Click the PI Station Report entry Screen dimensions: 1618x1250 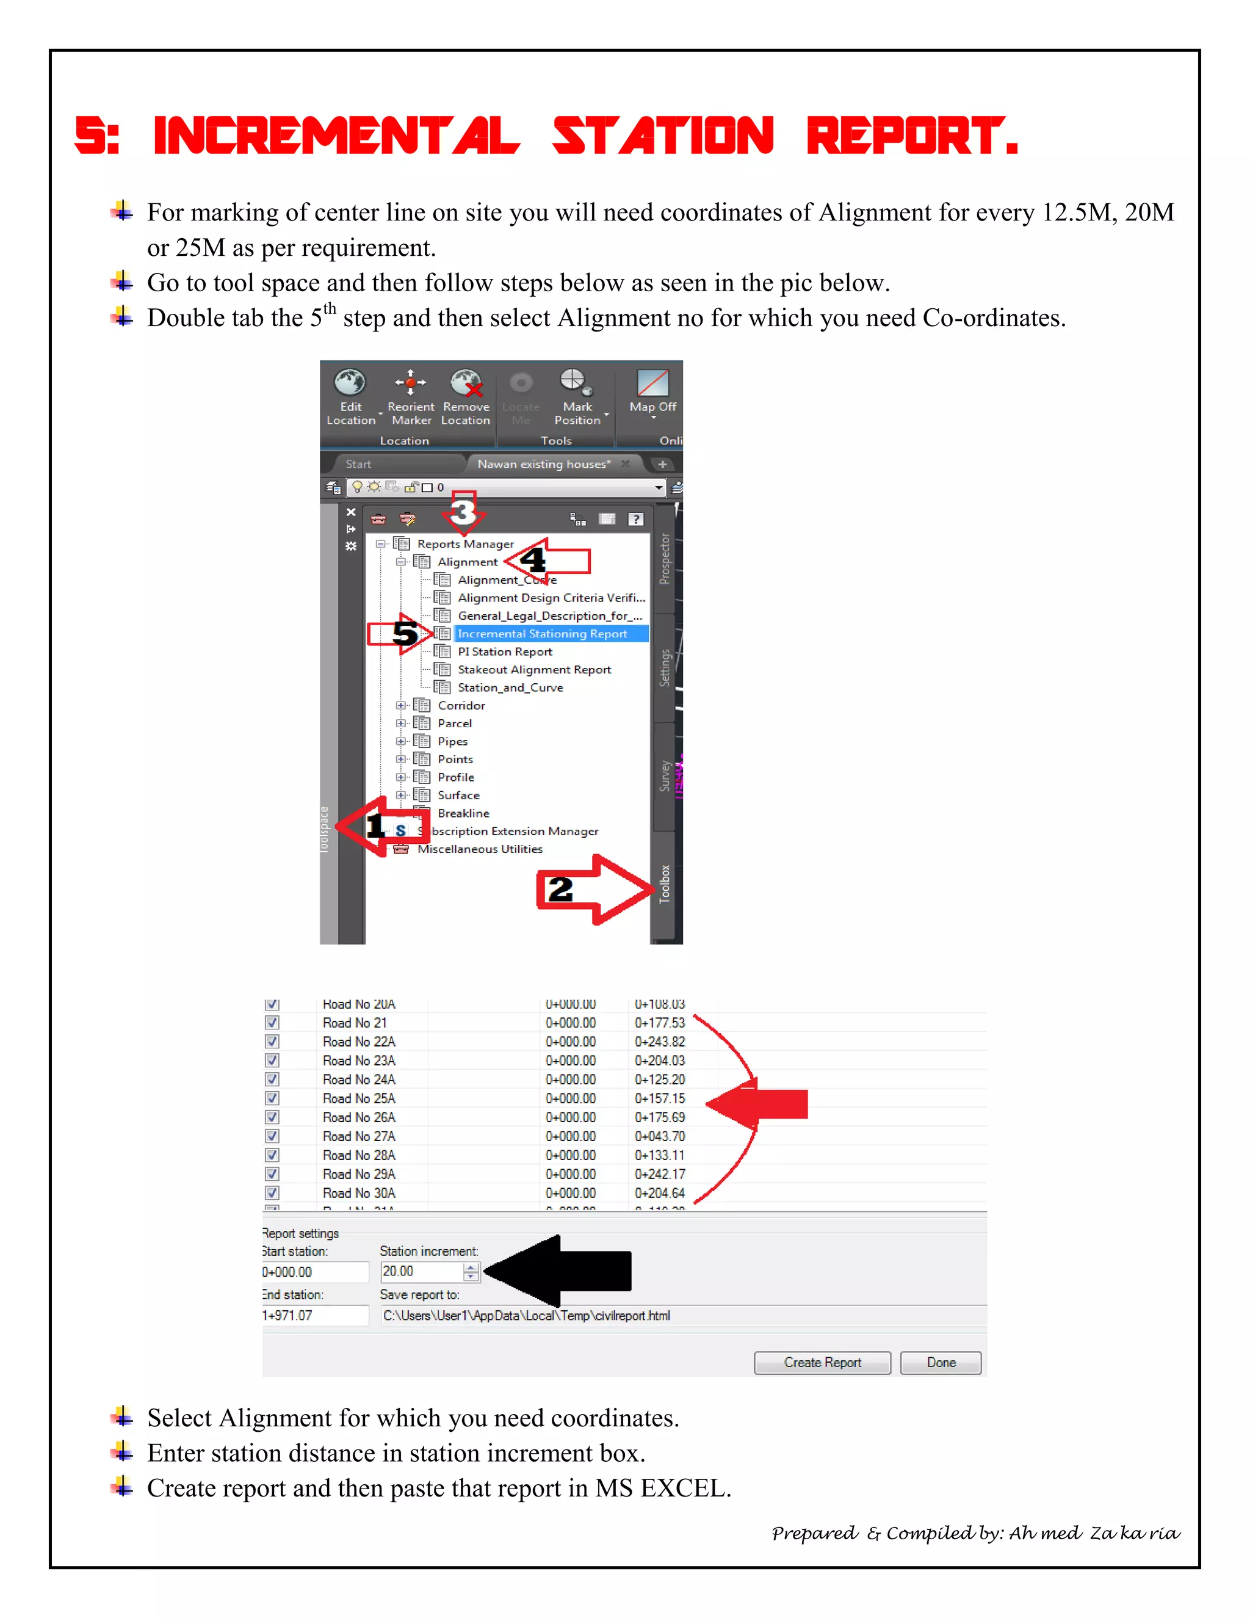[504, 651]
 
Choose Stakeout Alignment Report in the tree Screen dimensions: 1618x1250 [534, 670]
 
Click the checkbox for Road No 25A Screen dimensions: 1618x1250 [272, 1098]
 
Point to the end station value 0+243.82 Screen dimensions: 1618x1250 [660, 1042]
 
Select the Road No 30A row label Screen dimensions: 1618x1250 [359, 1193]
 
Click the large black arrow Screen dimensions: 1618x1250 [563, 1271]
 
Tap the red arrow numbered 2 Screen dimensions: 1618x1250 [593, 889]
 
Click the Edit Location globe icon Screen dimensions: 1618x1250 [350, 383]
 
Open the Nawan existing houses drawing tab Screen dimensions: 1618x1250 [544, 464]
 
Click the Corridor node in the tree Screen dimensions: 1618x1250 [461, 705]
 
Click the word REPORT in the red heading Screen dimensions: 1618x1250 [912, 136]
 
